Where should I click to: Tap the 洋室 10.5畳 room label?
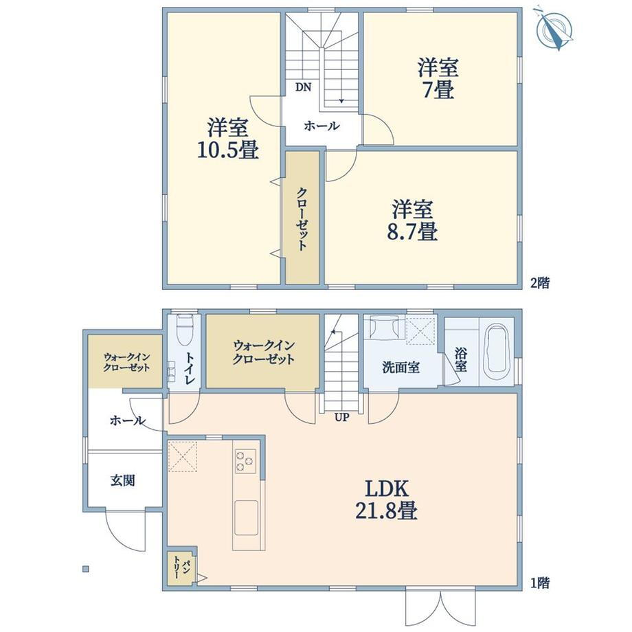coord(228,139)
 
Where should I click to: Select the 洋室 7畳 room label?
coord(438,78)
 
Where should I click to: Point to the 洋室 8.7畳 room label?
coord(412,220)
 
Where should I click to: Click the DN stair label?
coord(303,87)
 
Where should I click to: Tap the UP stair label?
coord(341,418)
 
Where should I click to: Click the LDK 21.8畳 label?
coord(387,500)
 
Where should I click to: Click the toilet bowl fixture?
coord(185,330)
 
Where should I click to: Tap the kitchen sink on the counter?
coord(246,518)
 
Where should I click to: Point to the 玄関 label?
coord(123,480)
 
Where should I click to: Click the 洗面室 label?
coord(400,367)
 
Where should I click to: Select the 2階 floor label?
coord(540,283)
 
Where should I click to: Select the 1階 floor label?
coord(540,583)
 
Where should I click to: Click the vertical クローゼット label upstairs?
coord(302,220)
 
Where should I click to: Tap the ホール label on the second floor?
coord(322,126)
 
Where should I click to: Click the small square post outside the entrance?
coord(85,569)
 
